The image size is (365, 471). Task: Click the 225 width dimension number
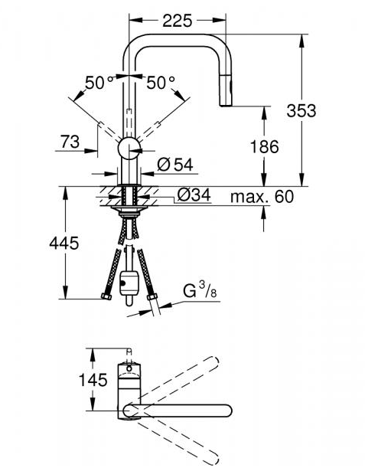[x=177, y=21]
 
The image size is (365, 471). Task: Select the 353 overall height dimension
[x=301, y=110]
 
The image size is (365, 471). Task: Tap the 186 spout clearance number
[x=265, y=147]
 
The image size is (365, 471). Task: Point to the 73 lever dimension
[x=70, y=142]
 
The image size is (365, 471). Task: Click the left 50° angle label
[x=99, y=82]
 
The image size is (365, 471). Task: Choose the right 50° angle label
[x=161, y=82]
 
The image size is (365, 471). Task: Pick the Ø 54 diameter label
[x=175, y=165]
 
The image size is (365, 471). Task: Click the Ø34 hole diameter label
[x=194, y=195]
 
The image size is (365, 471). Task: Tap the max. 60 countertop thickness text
[x=262, y=197]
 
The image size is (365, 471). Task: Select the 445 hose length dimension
[x=64, y=243]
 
